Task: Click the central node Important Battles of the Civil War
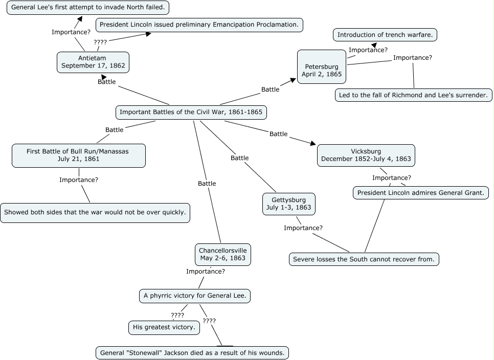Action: pos(191,112)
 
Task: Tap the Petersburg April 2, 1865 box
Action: pos(322,70)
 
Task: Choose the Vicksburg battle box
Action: pos(366,155)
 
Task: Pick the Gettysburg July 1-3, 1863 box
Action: pos(288,204)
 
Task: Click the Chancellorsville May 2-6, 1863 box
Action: pos(223,254)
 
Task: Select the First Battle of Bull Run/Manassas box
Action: pos(78,155)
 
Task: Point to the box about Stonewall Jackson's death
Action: pos(192,353)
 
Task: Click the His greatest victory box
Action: pos(164,327)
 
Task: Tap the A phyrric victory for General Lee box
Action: pos(195,296)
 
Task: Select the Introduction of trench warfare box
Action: pos(386,35)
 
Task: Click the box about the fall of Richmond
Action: pos(414,95)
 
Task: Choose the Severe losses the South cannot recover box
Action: pos(364,259)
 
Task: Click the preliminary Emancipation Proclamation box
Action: pos(199,25)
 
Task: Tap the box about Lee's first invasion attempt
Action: pos(88,8)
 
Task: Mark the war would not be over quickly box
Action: pos(95,212)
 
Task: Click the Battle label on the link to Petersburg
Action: pos(271,89)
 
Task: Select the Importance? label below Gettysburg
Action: pos(303,228)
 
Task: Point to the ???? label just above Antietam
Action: pos(100,42)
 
